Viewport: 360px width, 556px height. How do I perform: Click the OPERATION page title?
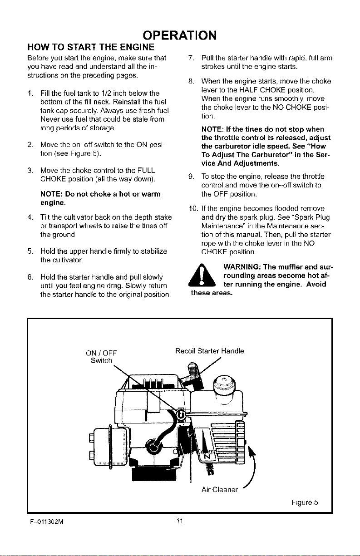pos(180,35)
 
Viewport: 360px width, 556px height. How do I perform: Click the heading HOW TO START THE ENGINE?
pos(91,47)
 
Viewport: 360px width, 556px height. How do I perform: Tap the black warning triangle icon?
pos(202,275)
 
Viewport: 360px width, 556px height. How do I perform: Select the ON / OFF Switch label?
pos(101,356)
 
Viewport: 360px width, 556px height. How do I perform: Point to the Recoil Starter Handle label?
pos(210,351)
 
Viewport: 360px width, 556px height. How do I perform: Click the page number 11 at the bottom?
pos(180,521)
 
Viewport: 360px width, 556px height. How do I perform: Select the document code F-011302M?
pos(47,522)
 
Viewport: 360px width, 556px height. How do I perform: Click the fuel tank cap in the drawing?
pos(224,384)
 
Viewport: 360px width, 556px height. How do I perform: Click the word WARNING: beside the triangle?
pos(242,267)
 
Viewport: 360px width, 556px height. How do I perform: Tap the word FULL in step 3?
pos(146,171)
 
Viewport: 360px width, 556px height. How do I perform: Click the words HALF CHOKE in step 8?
pos(259,90)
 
